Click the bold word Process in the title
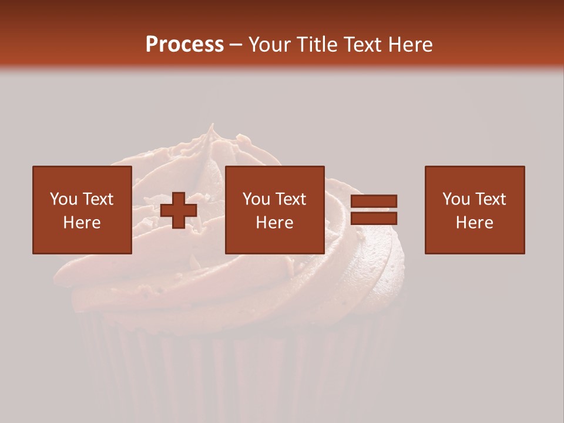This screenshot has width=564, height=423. tap(184, 45)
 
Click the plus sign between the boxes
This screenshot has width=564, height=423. tap(179, 210)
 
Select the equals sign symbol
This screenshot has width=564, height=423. tap(374, 210)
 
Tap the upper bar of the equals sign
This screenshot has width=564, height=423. tap(374, 202)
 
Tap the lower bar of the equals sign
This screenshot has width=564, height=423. tap(374, 218)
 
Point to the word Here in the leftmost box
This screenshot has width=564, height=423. tap(82, 223)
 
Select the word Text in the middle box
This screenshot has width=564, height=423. tap(290, 199)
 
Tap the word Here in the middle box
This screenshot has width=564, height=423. tap(275, 223)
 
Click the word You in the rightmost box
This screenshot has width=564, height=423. tap(455, 199)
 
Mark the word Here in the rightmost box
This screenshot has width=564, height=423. tap(475, 223)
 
